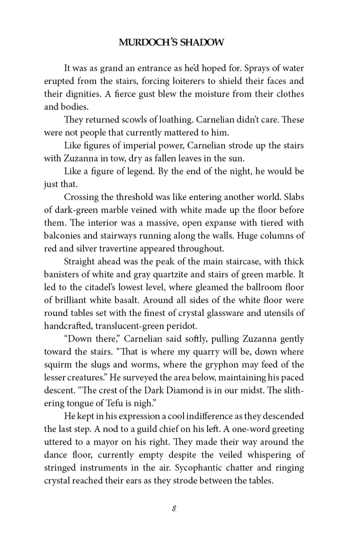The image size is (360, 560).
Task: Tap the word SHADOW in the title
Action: [203, 43]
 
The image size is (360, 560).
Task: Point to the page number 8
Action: [173, 508]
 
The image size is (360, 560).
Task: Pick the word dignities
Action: [86, 94]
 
